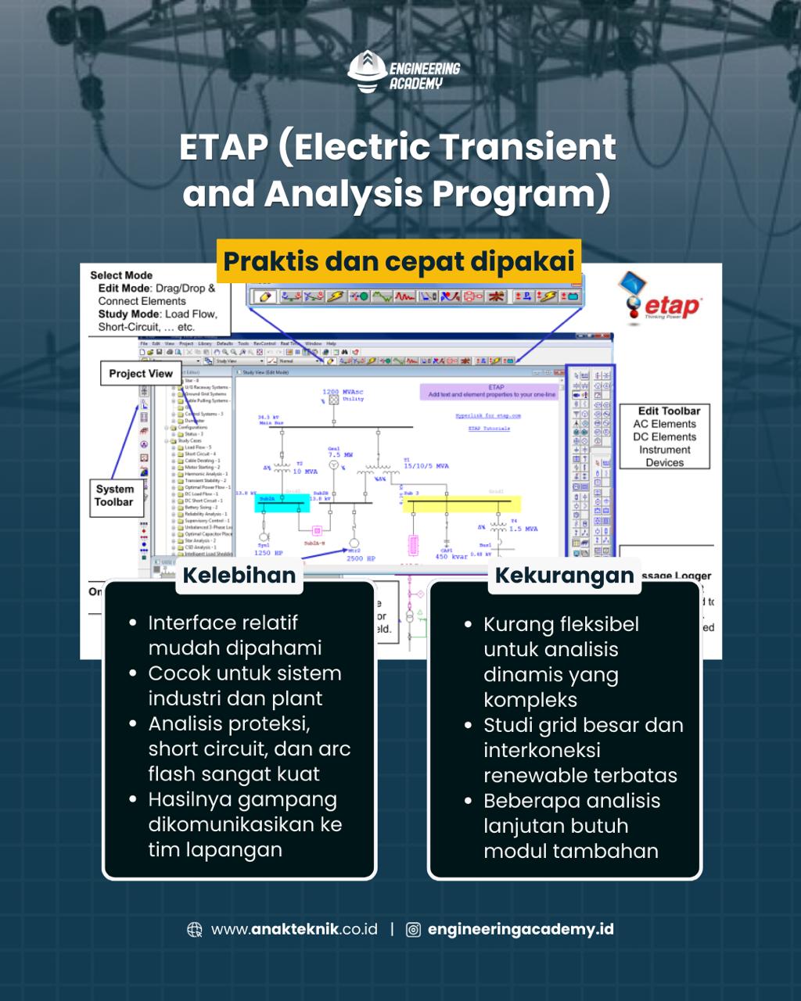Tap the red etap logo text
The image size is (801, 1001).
point(672,307)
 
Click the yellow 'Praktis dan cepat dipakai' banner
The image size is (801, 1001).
point(399,261)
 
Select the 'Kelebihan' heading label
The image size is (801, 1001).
point(239,575)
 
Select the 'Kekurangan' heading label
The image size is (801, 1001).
point(564,575)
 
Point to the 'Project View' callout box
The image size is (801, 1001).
point(141,374)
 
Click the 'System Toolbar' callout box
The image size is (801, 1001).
point(115,496)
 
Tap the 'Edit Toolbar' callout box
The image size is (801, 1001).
point(664,436)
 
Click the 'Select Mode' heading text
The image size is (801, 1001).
point(121,275)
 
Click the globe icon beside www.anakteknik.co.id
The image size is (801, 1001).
point(195,929)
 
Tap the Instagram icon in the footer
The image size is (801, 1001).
point(413,929)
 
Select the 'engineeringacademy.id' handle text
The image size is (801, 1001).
point(520,929)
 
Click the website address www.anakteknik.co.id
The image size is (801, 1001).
point(294,929)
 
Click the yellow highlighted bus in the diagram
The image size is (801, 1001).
point(454,505)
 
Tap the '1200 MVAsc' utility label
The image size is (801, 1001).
point(343,392)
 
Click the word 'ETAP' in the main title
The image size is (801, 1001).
point(224,147)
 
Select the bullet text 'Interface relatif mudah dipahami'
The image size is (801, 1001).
point(235,635)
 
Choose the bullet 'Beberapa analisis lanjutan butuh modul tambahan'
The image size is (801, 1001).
point(571,826)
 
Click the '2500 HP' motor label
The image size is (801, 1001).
point(361,558)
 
